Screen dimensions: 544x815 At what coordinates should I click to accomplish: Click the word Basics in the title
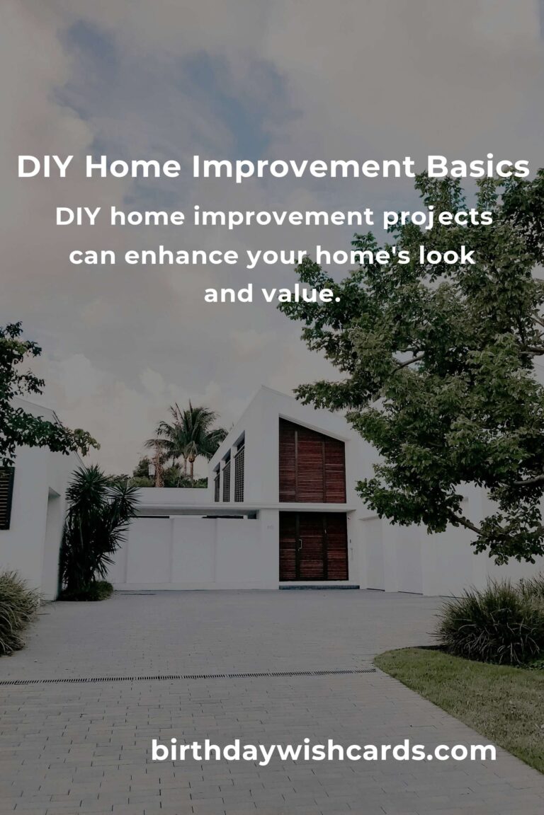click(478, 167)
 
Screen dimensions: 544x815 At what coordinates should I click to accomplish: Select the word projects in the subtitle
click(438, 217)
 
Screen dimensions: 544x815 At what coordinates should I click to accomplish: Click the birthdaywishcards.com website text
click(323, 751)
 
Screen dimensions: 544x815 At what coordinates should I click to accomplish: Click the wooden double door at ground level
click(313, 546)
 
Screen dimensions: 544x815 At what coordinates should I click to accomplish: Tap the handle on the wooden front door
click(300, 544)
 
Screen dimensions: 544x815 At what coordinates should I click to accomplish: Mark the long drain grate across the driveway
click(188, 677)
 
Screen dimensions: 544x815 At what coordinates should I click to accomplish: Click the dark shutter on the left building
click(6, 498)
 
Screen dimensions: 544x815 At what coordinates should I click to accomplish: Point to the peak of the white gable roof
click(262, 388)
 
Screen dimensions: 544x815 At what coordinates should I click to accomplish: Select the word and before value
click(228, 294)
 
